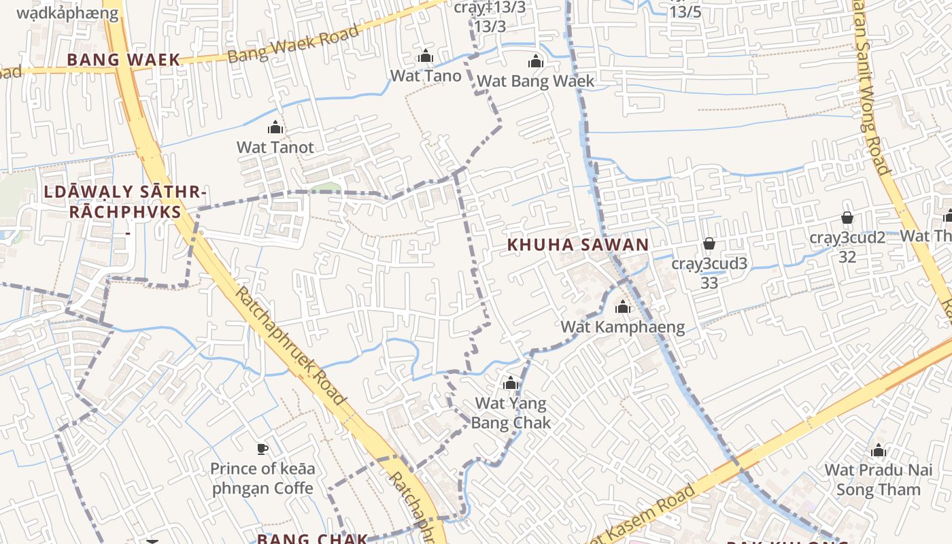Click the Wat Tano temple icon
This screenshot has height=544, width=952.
(426, 56)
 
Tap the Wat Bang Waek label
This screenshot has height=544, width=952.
(535, 82)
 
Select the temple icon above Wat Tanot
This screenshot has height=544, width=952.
(275, 127)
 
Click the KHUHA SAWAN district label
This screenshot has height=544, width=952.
(578, 245)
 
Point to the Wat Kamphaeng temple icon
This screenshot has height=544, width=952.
(622, 307)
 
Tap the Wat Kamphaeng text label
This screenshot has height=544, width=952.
(622, 327)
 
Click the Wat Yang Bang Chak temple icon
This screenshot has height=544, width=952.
(511, 384)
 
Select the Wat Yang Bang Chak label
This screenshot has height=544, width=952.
(511, 413)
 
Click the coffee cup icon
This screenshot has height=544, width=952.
(262, 449)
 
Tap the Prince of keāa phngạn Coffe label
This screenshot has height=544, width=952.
(262, 478)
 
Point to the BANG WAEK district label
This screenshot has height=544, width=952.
(123, 60)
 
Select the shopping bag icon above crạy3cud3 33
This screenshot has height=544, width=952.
(709, 243)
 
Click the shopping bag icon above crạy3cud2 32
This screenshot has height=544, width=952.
(847, 218)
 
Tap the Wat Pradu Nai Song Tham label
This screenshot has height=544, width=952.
(878, 479)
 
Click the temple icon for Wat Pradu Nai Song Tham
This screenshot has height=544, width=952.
(879, 451)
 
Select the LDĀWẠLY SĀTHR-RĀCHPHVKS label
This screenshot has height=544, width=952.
(124, 203)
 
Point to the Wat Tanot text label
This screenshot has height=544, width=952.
(275, 147)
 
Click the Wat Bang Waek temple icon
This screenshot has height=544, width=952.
(536, 62)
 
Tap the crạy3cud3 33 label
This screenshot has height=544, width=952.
(709, 272)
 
